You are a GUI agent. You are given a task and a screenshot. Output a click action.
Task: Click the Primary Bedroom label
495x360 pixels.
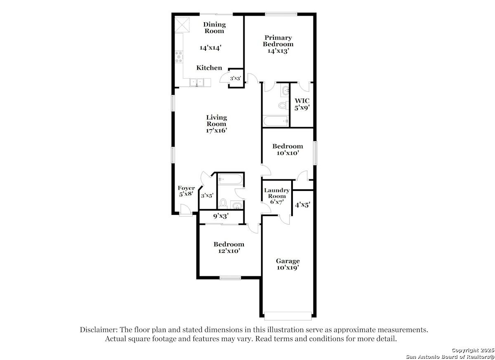pyautogui.click(x=278, y=41)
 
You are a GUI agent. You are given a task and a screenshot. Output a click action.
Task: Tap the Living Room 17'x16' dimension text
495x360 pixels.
pyautogui.click(x=217, y=131)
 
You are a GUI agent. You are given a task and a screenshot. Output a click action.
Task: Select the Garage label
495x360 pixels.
pyautogui.click(x=288, y=261)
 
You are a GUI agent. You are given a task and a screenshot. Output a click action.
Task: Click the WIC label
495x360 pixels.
pyautogui.click(x=302, y=101)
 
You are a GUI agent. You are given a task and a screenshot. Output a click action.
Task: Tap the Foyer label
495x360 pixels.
pyautogui.click(x=186, y=188)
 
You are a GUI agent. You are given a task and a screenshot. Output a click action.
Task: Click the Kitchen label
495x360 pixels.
pyautogui.click(x=209, y=68)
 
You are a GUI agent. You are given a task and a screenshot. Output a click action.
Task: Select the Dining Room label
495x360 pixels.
pyautogui.click(x=214, y=28)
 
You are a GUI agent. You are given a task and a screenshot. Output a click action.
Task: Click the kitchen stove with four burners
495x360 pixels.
pyautogui.click(x=179, y=57)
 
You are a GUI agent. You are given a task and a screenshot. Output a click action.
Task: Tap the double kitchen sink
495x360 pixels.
pyautogui.click(x=197, y=82)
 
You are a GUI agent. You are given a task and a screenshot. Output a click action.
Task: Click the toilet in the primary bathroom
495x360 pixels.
pyautogui.click(x=283, y=105)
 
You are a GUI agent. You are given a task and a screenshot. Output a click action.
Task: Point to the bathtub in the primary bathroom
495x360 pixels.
pyautogui.click(x=276, y=121)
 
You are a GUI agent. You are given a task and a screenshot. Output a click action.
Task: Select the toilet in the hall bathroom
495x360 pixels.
pyautogui.click(x=223, y=202)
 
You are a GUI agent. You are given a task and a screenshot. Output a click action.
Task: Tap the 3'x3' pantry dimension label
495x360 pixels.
pyautogui.click(x=236, y=78)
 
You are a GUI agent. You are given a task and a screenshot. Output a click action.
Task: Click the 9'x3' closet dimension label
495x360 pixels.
pyautogui.click(x=221, y=215)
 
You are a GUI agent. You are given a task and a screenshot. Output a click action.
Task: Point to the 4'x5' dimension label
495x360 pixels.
pyautogui.click(x=302, y=204)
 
